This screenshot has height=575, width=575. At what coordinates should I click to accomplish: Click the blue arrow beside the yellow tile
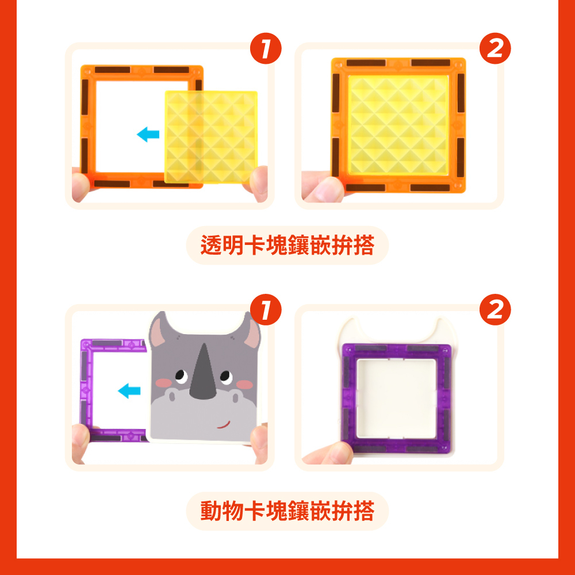pos(148,134)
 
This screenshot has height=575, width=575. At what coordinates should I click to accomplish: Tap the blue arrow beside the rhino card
pos(129,391)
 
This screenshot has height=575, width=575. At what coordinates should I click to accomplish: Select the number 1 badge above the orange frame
pos(266,48)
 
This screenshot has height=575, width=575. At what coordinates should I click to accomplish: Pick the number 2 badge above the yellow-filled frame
pos(495,48)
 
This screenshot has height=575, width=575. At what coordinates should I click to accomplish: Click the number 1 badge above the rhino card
pos(266,309)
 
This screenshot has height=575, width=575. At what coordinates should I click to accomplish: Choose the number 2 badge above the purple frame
pos(495,309)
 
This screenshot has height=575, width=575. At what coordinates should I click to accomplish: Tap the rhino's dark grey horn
pos(203,374)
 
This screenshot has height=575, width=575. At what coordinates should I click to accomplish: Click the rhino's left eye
pos(181,376)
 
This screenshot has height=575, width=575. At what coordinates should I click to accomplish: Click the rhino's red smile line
pos(223,425)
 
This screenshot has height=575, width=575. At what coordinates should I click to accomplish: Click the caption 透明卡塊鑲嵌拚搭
pos(287,246)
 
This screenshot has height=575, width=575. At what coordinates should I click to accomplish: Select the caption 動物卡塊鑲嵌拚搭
pos(287,511)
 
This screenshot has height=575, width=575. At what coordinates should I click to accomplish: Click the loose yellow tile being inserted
pos(211,137)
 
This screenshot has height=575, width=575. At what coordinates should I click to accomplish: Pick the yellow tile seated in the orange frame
pos(398,125)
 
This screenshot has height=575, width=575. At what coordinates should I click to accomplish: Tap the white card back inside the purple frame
pos(397,398)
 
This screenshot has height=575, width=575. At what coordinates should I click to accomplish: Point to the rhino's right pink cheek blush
pos(244,384)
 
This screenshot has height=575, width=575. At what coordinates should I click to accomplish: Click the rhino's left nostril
pos(171,396)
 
